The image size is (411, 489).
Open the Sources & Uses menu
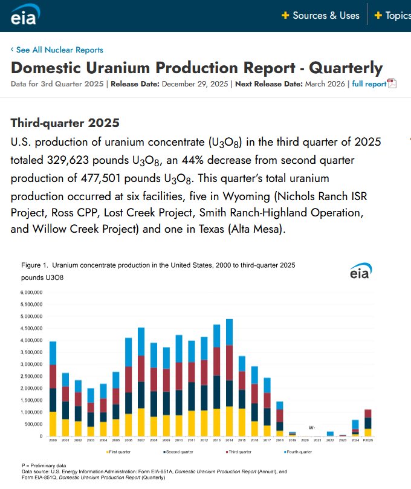click(320, 16)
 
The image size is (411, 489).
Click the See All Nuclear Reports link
click(57, 50)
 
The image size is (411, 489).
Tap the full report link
click(369, 84)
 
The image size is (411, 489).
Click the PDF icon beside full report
click(392, 83)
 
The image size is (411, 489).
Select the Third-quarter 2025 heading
click(65, 123)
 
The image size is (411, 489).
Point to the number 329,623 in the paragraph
click(106, 160)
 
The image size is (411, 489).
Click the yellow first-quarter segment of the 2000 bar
click(53, 424)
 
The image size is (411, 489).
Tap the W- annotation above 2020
click(311, 427)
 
